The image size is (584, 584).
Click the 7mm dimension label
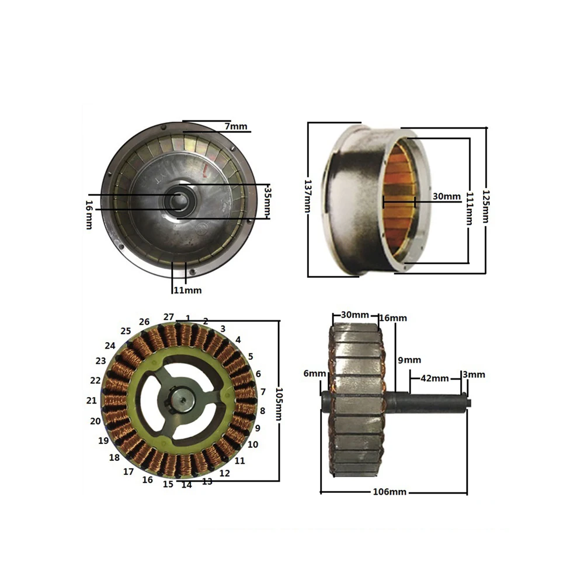pyautogui.click(x=236, y=126)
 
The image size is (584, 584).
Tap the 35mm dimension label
pyautogui.click(x=267, y=201)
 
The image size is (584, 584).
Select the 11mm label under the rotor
pyautogui.click(x=187, y=290)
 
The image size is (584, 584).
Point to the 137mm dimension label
pyautogui.click(x=307, y=196)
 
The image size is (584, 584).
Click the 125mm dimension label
pyautogui.click(x=486, y=206)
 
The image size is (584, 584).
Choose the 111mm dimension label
pyautogui.click(x=470, y=208)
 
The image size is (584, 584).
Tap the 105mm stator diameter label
pyautogui.click(x=279, y=404)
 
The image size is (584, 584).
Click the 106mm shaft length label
pyautogui.click(x=390, y=492)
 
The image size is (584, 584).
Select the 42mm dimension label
pyautogui.click(x=434, y=378)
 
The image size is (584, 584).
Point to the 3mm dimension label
pyautogui.click(x=474, y=374)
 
